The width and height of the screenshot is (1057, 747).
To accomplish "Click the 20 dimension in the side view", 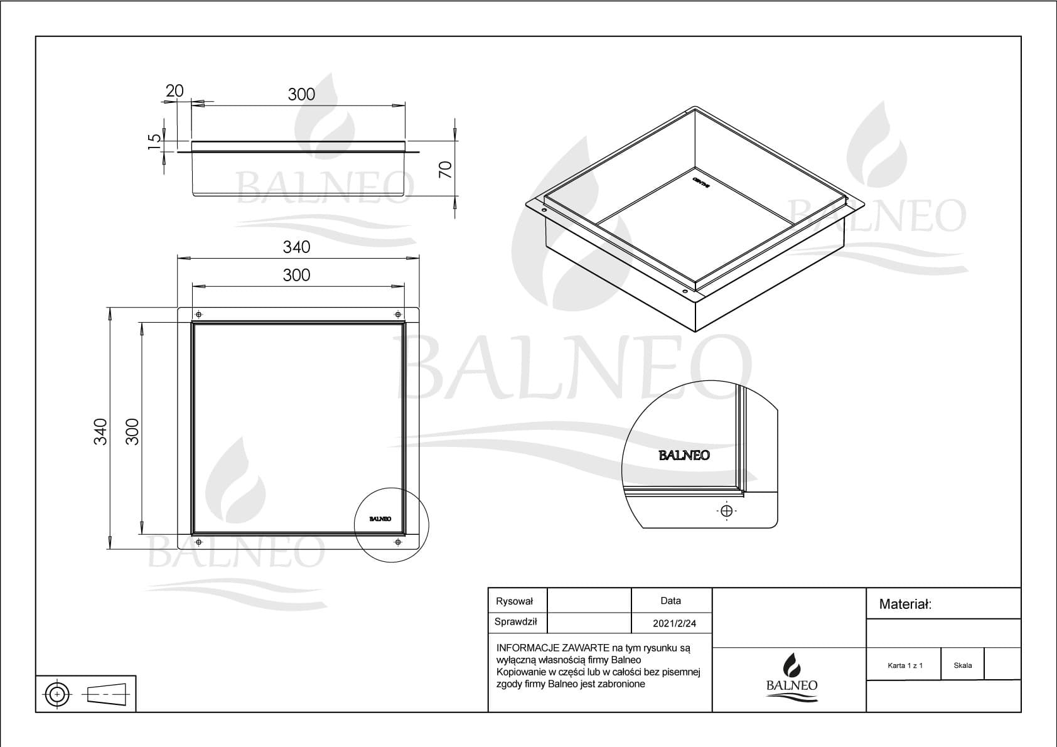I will click(x=174, y=91).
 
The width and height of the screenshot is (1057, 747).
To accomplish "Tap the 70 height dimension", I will click(x=445, y=169).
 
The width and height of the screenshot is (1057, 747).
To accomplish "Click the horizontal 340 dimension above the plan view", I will click(x=296, y=247).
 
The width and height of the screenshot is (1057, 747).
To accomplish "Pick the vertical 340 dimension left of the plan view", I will click(x=100, y=432).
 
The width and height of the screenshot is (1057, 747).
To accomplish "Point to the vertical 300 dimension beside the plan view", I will click(x=132, y=432).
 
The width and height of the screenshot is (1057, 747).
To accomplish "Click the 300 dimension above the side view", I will click(x=301, y=94).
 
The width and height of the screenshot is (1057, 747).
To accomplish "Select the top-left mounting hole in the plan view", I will click(x=199, y=314).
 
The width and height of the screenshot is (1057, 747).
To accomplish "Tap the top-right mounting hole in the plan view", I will click(x=397, y=314).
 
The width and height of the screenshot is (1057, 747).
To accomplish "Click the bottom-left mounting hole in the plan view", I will click(x=199, y=541).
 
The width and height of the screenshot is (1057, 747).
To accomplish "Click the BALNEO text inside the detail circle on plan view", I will click(x=380, y=519).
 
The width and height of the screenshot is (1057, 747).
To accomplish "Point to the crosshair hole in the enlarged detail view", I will click(x=726, y=510).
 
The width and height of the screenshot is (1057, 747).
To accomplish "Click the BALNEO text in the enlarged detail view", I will click(x=684, y=456).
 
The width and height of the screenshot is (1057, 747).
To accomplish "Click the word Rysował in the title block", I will click(x=514, y=601).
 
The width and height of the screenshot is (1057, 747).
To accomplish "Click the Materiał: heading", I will click(x=905, y=605).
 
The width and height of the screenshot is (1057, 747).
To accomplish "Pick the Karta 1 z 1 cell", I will click(x=905, y=665).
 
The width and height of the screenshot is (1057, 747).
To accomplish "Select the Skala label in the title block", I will click(x=962, y=665).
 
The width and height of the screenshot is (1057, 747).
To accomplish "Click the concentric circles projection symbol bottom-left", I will click(x=57, y=694).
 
